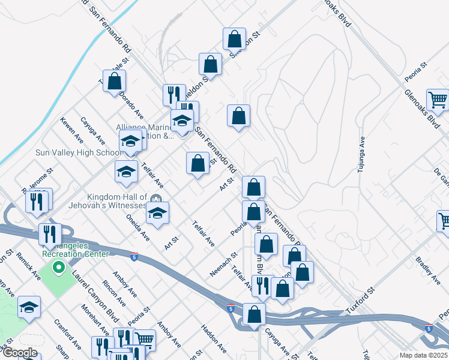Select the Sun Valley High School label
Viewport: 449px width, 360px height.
tap(78, 153)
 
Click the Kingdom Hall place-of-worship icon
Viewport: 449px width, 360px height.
tap(156, 199)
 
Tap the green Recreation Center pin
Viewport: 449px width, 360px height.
tap(59, 267)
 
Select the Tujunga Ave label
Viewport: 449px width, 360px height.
tap(361, 155)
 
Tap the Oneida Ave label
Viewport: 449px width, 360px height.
tap(142, 229)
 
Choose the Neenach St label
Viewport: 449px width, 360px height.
tap(221, 265)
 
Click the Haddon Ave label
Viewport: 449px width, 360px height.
tap(213, 339)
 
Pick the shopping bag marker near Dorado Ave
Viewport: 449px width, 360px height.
tap(115, 81)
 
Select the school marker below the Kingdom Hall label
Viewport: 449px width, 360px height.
tap(157, 213)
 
